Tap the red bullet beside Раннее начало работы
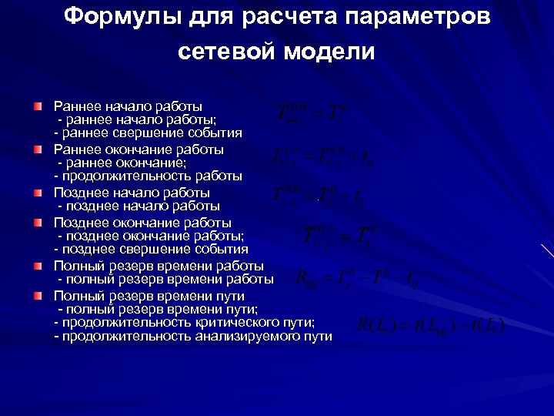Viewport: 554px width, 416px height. [38, 105]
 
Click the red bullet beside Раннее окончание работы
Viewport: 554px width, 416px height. [38, 149]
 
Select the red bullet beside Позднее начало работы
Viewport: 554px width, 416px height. [38, 192]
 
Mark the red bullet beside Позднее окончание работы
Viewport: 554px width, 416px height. [38, 222]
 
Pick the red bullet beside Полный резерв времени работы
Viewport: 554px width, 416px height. [38, 266]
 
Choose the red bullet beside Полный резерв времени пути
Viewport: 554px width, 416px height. [38, 295]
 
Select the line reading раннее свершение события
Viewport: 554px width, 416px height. [148, 133]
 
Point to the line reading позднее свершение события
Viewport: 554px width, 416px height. [151, 249]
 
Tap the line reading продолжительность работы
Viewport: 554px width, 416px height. [148, 176]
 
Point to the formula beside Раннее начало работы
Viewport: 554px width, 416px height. [311, 113]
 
